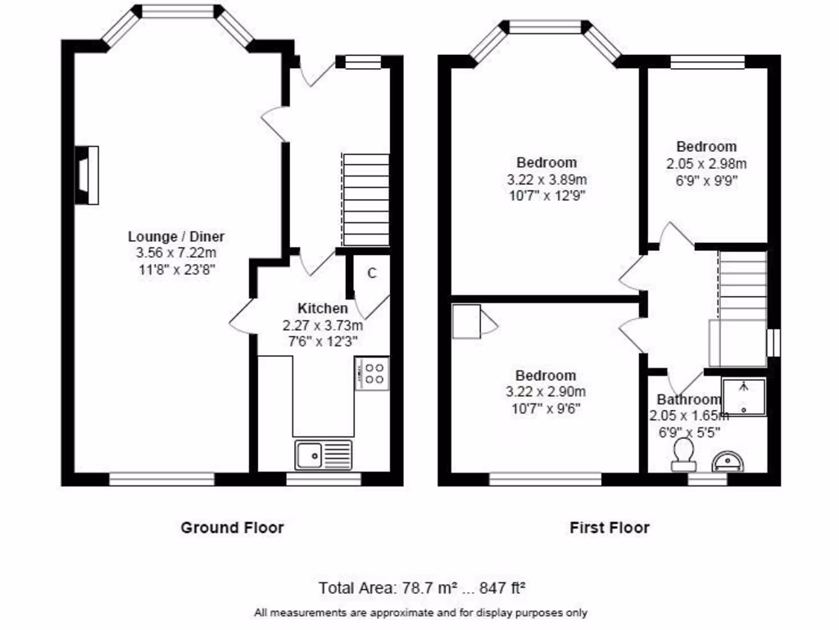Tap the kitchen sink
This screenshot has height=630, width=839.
(x=323, y=454)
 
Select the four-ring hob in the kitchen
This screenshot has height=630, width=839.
(x=372, y=374)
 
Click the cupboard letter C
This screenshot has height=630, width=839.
(x=371, y=273)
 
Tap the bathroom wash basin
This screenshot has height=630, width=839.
(x=728, y=463)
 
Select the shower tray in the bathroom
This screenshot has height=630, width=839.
(x=744, y=397)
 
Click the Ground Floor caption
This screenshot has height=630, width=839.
(x=232, y=527)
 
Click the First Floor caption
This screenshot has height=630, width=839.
(x=610, y=527)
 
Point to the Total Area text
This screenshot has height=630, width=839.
(x=421, y=587)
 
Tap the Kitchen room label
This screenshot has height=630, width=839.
(x=322, y=308)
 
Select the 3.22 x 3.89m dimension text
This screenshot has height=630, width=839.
(x=546, y=179)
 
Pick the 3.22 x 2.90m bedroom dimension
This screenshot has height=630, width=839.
(x=546, y=392)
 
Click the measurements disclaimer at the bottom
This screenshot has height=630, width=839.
(x=420, y=612)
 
